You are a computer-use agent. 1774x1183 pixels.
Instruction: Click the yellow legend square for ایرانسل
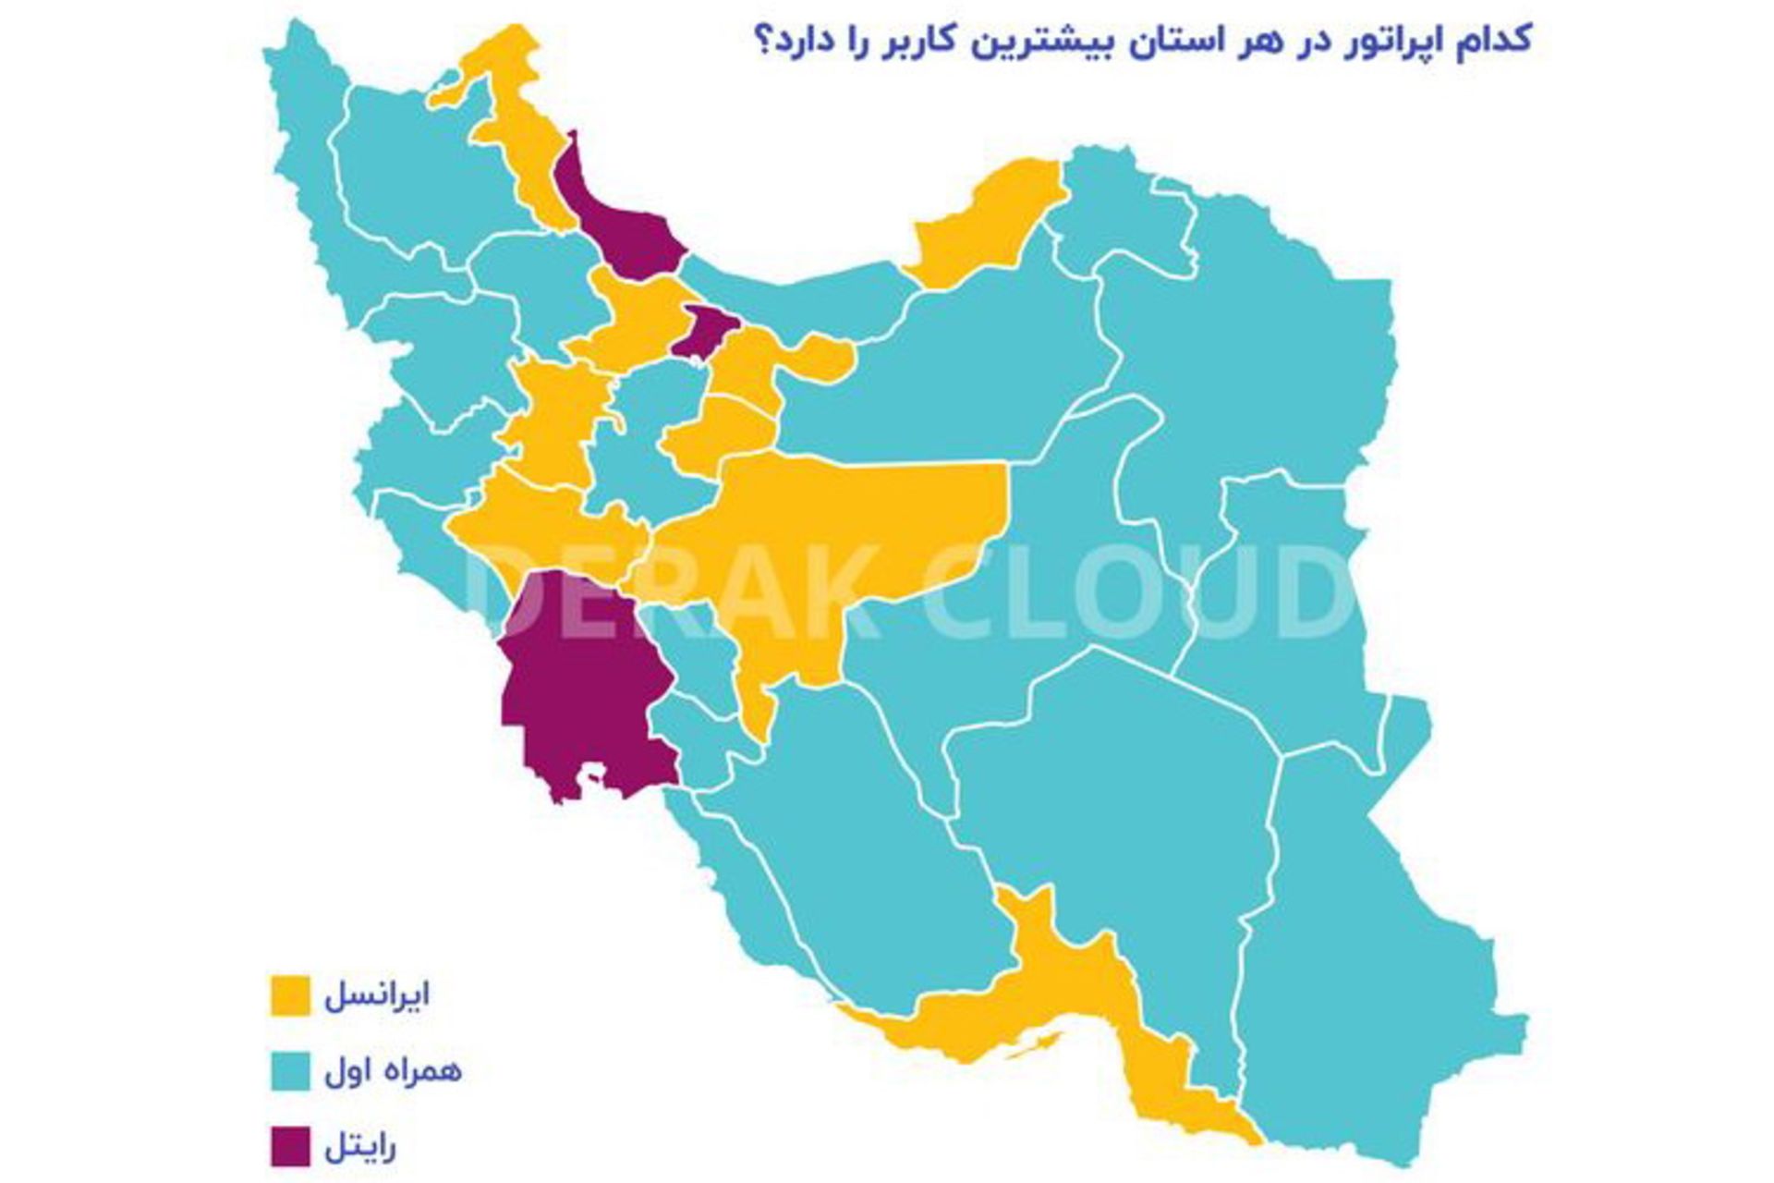pyautogui.click(x=290, y=995)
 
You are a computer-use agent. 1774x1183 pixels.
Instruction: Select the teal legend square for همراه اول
pyautogui.click(x=290, y=1070)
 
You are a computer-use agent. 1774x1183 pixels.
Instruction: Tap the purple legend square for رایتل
pyautogui.click(x=290, y=1146)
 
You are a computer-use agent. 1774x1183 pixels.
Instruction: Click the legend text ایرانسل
pyautogui.click(x=377, y=995)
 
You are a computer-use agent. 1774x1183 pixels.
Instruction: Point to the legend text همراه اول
pyautogui.click(x=393, y=1070)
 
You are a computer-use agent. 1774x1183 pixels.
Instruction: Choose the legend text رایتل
pyautogui.click(x=360, y=1147)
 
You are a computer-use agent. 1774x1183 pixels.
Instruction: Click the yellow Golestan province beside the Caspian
pyautogui.click(x=989, y=222)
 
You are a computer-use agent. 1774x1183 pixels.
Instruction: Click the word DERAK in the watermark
pyautogui.click(x=674, y=591)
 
